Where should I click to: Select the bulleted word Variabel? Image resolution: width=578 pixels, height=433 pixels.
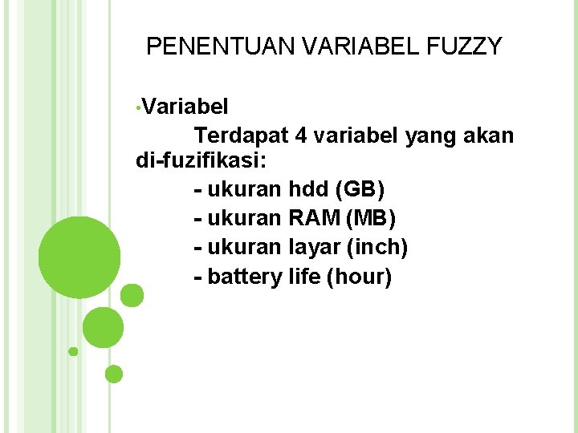tap(186, 107)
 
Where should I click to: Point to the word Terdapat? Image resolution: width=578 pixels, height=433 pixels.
tap(241, 136)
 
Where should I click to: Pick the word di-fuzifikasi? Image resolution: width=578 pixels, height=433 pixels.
tap(204, 160)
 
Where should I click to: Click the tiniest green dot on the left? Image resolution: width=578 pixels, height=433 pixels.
tap(73, 351)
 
